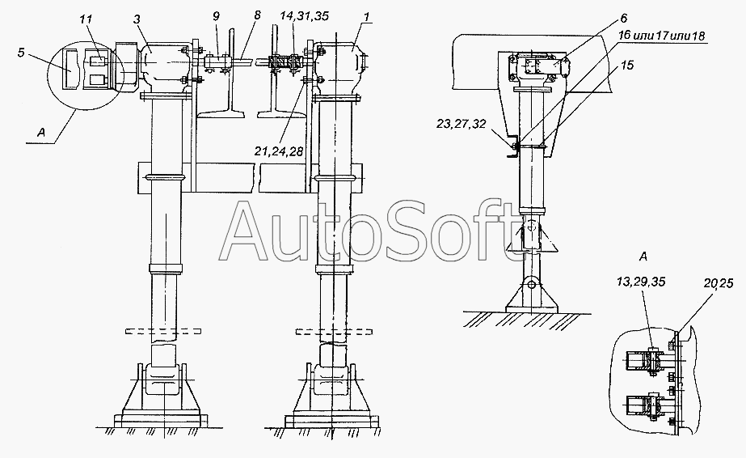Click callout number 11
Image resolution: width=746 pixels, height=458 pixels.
point(86,19)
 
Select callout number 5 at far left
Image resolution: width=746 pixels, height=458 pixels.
point(21,53)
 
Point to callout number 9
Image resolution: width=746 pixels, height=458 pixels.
point(217,16)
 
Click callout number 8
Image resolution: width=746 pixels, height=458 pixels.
point(257,15)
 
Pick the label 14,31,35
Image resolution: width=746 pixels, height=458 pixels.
point(297,16)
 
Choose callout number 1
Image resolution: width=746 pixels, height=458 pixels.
point(367,17)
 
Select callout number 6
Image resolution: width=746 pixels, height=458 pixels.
point(624,19)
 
